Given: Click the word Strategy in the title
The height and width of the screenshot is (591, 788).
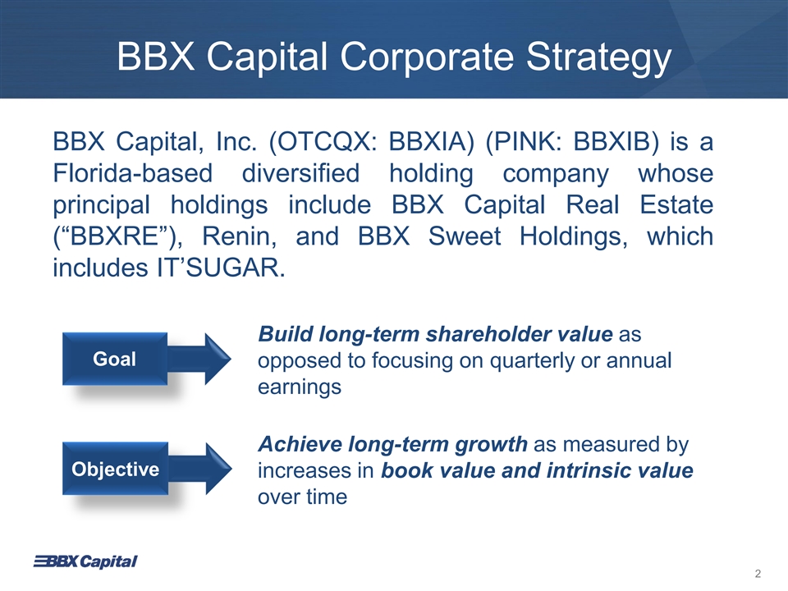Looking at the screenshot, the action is pyautogui.click(x=598, y=57).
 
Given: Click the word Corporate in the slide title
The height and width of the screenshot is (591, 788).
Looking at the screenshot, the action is pyautogui.click(x=427, y=57).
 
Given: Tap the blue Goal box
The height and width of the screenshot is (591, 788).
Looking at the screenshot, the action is pyautogui.click(x=115, y=359).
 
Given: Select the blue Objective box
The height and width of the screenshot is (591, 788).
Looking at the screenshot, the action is pyautogui.click(x=115, y=469).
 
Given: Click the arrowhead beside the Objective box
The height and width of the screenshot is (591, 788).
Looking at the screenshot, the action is pyautogui.click(x=218, y=469).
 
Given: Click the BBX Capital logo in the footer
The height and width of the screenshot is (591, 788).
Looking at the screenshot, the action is pyautogui.click(x=85, y=561).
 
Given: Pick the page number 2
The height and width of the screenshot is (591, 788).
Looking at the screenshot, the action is pyautogui.click(x=758, y=574).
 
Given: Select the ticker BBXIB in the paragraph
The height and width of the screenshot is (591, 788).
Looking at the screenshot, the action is pyautogui.click(x=612, y=142).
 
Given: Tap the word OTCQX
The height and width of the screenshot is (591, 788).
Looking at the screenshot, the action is pyautogui.click(x=327, y=143).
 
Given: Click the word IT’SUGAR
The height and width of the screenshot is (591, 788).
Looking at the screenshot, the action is pyautogui.click(x=219, y=268).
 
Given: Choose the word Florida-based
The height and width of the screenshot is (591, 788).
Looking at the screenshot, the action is pyautogui.click(x=133, y=173).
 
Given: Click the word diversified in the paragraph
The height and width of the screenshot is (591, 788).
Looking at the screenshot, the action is pyautogui.click(x=301, y=173).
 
